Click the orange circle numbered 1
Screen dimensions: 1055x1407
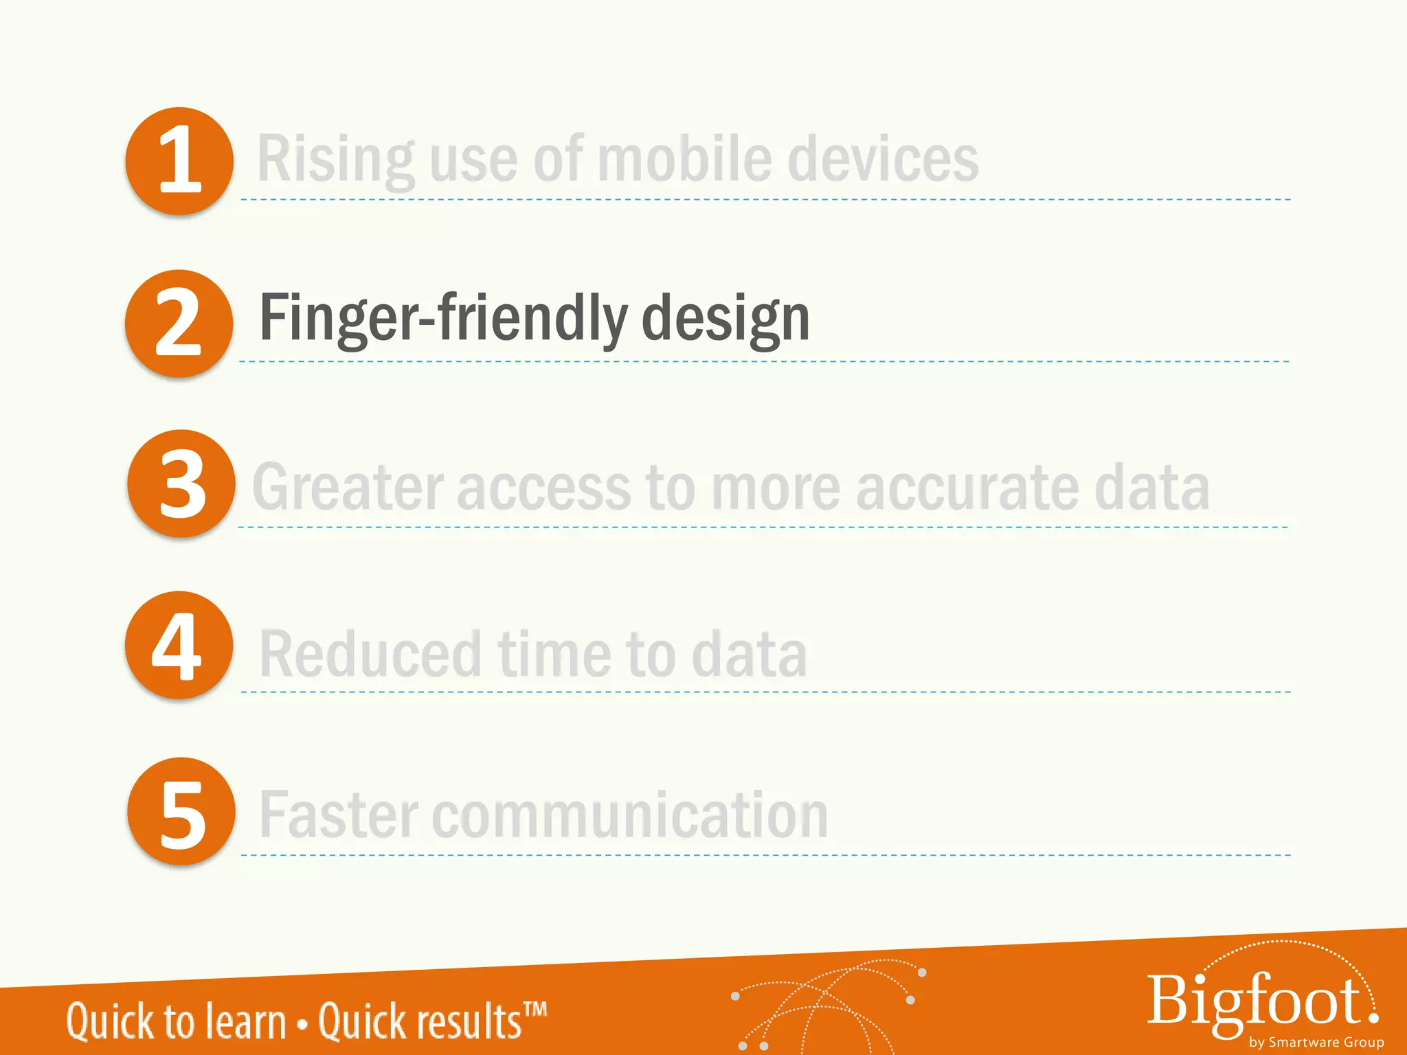(x=179, y=161)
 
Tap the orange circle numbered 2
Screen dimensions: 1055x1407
(x=179, y=323)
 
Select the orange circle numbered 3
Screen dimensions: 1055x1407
(x=181, y=484)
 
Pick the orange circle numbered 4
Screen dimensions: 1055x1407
(x=179, y=645)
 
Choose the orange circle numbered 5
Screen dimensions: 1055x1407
(x=181, y=811)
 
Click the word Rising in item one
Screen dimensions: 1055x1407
(x=335, y=160)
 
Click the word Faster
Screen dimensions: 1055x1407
(x=339, y=815)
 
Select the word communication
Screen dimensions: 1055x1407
(x=629, y=815)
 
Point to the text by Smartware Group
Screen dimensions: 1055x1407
(x=1316, y=1042)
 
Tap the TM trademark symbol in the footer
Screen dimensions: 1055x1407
(x=535, y=1010)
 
